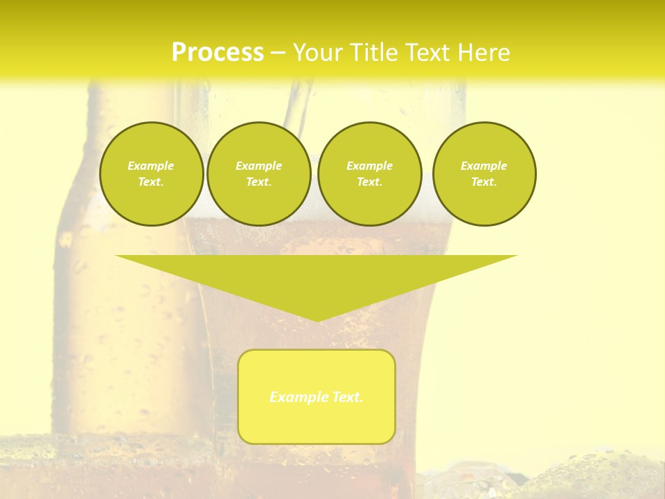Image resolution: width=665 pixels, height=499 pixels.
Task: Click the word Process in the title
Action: pos(218,53)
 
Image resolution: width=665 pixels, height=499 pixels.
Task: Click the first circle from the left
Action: pos(151,174)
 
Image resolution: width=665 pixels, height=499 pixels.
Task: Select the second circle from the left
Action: pos(259,174)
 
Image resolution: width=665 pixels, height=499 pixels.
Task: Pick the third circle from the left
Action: pos(369,174)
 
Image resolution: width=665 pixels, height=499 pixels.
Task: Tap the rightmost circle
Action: pos(484,174)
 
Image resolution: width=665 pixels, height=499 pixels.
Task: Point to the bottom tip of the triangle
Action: pos(317,321)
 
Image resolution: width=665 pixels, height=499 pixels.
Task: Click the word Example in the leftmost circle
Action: pos(151,166)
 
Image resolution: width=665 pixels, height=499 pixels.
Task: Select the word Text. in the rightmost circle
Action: pos(484,182)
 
